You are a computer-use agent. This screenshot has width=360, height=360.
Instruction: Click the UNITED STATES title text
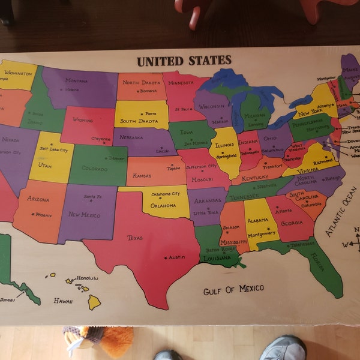(x=184, y=61)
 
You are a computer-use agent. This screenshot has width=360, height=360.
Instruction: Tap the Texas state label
(x=135, y=238)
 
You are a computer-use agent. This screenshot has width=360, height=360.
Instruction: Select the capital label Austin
(x=176, y=257)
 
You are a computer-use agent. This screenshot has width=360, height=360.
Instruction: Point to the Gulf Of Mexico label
(x=233, y=290)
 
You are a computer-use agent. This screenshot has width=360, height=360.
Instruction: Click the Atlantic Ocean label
(x=341, y=211)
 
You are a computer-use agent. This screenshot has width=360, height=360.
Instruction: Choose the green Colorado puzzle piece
(x=97, y=165)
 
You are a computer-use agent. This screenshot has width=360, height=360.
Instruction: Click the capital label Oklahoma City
(x=165, y=194)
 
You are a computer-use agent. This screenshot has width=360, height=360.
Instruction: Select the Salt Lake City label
(x=52, y=149)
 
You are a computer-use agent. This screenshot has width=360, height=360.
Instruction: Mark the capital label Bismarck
(x=148, y=92)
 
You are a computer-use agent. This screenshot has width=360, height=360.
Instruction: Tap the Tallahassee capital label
(x=301, y=245)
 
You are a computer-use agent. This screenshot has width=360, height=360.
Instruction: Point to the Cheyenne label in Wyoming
(x=101, y=139)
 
